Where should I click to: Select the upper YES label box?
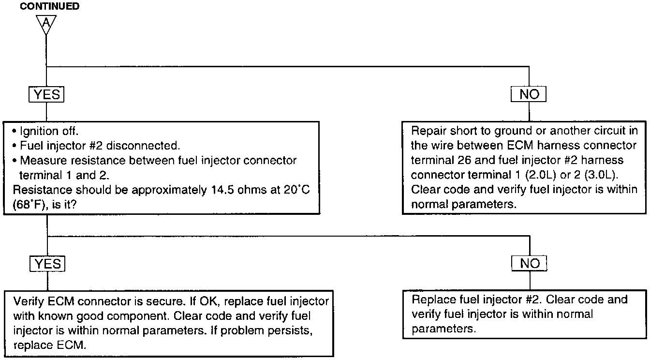(x=46, y=94)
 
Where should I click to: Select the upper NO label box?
(x=529, y=94)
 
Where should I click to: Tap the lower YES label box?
(x=47, y=263)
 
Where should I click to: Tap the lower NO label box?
(x=529, y=263)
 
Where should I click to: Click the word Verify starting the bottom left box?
(x=28, y=302)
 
